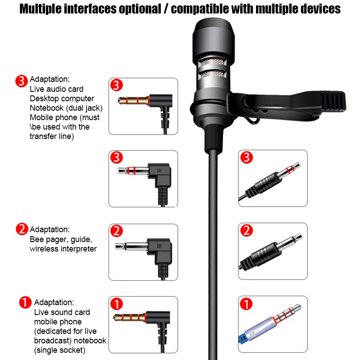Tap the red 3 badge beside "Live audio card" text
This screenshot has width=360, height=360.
22,81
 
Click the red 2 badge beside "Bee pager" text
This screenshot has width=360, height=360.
22,229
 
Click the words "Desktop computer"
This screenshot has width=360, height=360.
62,99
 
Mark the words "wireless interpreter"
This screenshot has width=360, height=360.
63,249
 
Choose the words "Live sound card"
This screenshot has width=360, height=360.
62,312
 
